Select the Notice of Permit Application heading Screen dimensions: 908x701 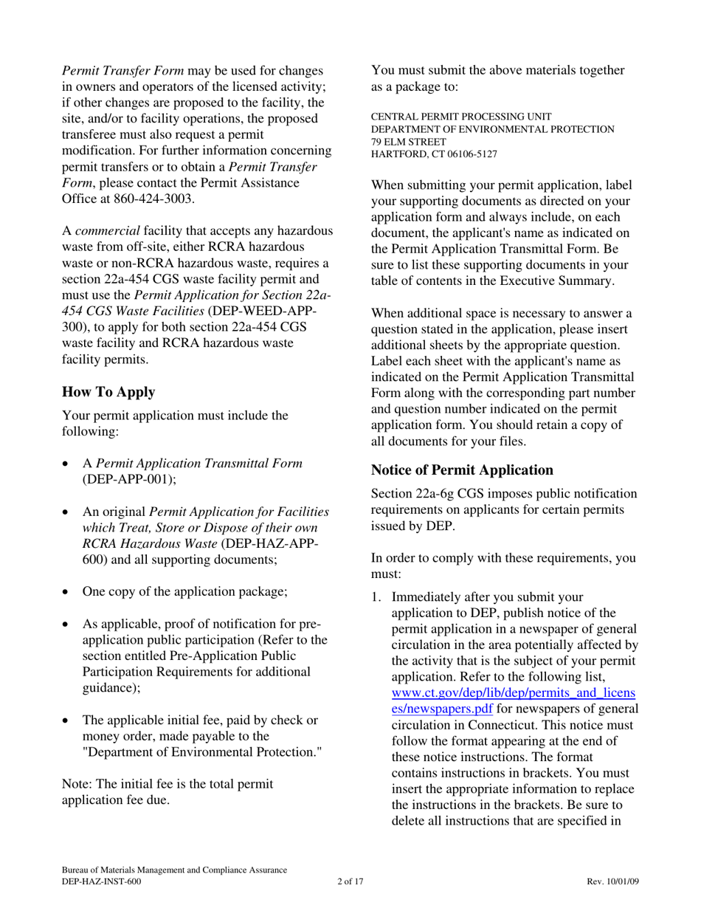[x=462, y=470]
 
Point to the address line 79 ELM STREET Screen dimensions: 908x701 [x=407, y=141]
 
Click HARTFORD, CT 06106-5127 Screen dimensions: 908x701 [x=433, y=154]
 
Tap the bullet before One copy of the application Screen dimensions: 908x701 [x=66, y=591]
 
